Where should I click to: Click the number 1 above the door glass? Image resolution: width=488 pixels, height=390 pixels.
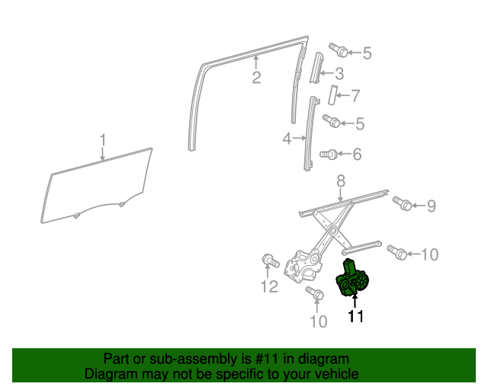click(103, 140)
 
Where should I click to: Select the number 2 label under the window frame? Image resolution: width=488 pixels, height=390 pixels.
click(256, 78)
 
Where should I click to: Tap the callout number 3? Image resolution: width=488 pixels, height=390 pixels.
click(339, 74)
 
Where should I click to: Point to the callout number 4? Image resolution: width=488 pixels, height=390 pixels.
click(287, 139)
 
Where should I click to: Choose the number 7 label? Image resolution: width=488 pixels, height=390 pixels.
click(355, 96)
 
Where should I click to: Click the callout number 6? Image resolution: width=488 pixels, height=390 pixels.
click(357, 154)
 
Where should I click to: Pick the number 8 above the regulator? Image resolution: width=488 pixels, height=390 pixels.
click(341, 181)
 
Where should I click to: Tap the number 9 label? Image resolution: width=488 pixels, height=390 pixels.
click(431, 206)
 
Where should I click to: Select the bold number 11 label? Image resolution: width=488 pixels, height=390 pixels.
click(356, 316)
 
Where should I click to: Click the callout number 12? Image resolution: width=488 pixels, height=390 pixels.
click(269, 286)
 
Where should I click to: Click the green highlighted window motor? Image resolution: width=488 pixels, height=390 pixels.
click(352, 279)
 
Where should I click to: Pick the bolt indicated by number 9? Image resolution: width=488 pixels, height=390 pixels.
click(402, 203)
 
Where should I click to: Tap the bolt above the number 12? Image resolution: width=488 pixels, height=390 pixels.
click(271, 261)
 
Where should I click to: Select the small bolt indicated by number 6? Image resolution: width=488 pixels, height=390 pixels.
click(329, 154)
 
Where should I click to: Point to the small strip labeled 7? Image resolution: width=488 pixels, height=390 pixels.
click(332, 95)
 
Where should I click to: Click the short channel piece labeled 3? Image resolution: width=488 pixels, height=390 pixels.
click(316, 68)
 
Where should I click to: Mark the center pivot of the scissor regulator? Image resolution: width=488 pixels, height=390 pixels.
click(333, 231)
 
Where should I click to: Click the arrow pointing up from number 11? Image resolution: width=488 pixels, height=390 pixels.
click(355, 301)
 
